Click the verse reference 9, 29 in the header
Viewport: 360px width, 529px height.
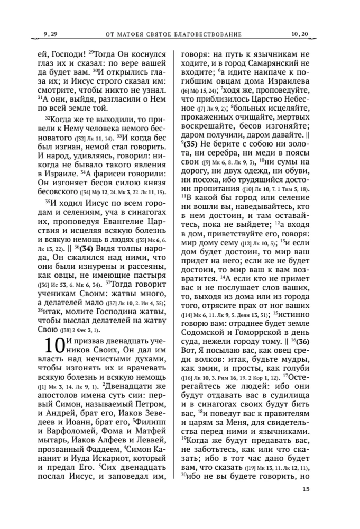50,34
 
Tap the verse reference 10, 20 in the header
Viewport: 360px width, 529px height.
300,34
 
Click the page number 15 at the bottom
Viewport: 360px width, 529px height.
306,503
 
